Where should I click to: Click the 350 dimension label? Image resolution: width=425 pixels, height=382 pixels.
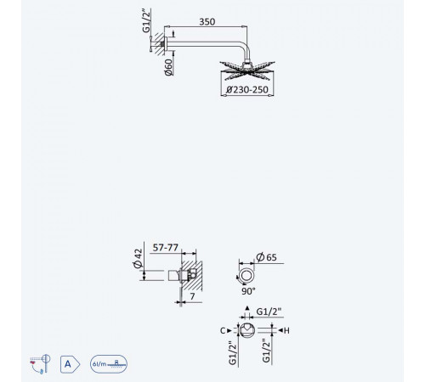207,22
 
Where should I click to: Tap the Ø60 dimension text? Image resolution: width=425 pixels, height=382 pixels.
168,67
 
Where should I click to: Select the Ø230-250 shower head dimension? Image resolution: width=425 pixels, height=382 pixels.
247,90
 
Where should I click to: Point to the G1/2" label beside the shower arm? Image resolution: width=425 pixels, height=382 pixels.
146,20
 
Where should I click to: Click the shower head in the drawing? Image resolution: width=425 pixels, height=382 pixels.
247,70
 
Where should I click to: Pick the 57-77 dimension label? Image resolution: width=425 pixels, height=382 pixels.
166,248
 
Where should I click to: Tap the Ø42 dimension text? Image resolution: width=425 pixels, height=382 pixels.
138,258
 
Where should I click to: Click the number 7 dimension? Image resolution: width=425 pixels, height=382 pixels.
192,296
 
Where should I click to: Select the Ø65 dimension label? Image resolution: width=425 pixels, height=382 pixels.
266,257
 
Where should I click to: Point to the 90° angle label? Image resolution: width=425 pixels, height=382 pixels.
248,291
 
